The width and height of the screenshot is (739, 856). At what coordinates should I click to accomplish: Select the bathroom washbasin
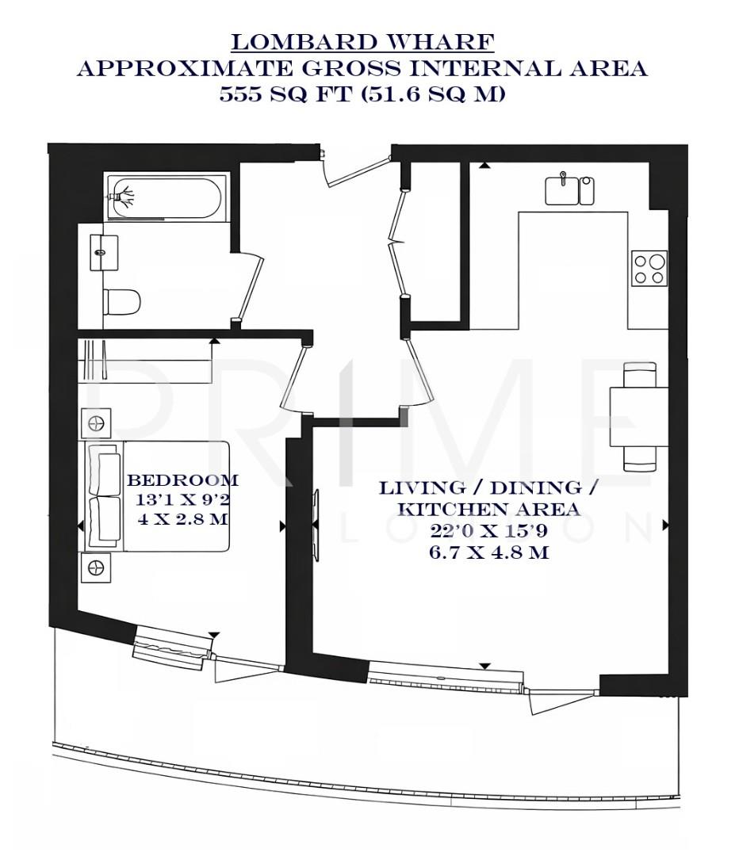pos(104,252)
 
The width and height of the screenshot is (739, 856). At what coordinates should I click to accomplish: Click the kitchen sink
pos(563,191)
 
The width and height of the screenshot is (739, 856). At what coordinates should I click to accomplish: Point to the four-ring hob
pos(649,268)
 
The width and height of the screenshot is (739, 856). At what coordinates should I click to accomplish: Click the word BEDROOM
pos(182,480)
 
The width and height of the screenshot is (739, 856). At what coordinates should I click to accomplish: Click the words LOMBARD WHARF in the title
pos(362,41)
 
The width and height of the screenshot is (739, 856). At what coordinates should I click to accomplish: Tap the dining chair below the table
pos(640,457)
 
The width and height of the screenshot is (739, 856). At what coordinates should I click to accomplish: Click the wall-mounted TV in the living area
pos(316,524)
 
